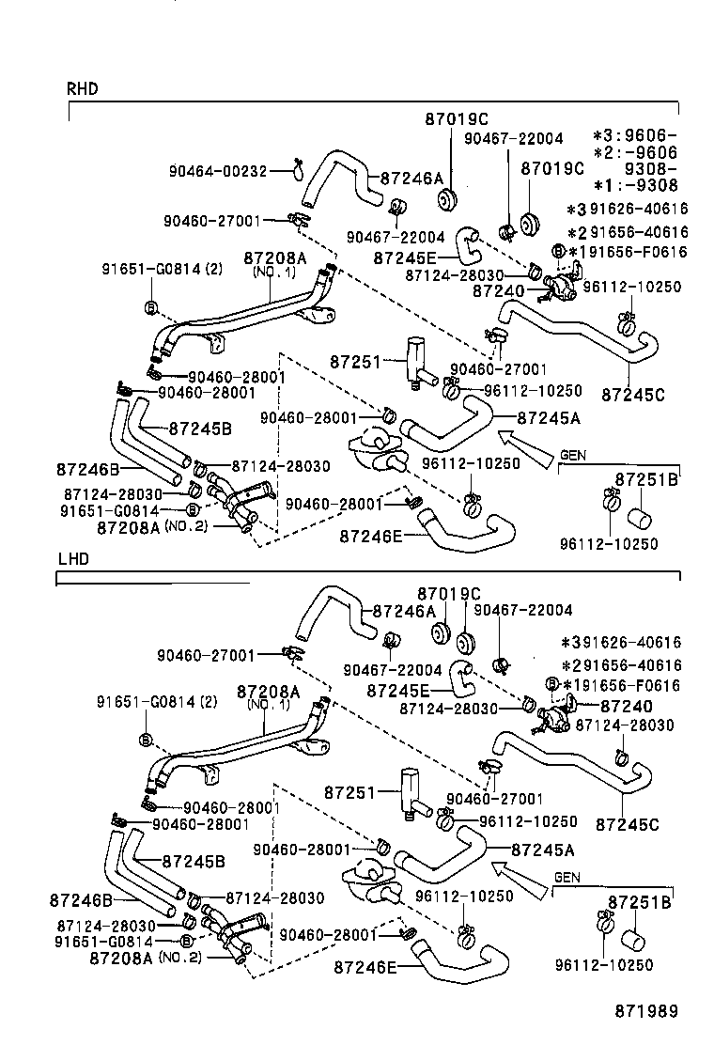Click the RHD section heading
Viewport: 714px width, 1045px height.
click(82, 89)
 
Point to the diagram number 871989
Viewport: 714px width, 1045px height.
click(646, 1011)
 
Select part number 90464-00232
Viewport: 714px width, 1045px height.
click(218, 171)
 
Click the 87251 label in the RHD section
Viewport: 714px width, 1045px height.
click(352, 362)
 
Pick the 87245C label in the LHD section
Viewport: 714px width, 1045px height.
click(627, 825)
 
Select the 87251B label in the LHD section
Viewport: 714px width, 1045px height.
click(639, 902)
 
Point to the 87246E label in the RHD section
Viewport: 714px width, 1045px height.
click(370, 536)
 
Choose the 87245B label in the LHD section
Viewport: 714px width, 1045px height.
click(194, 860)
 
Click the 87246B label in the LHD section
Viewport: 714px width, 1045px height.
click(80, 900)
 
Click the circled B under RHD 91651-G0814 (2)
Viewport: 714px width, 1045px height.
click(149, 307)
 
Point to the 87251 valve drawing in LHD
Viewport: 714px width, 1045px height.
click(411, 788)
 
